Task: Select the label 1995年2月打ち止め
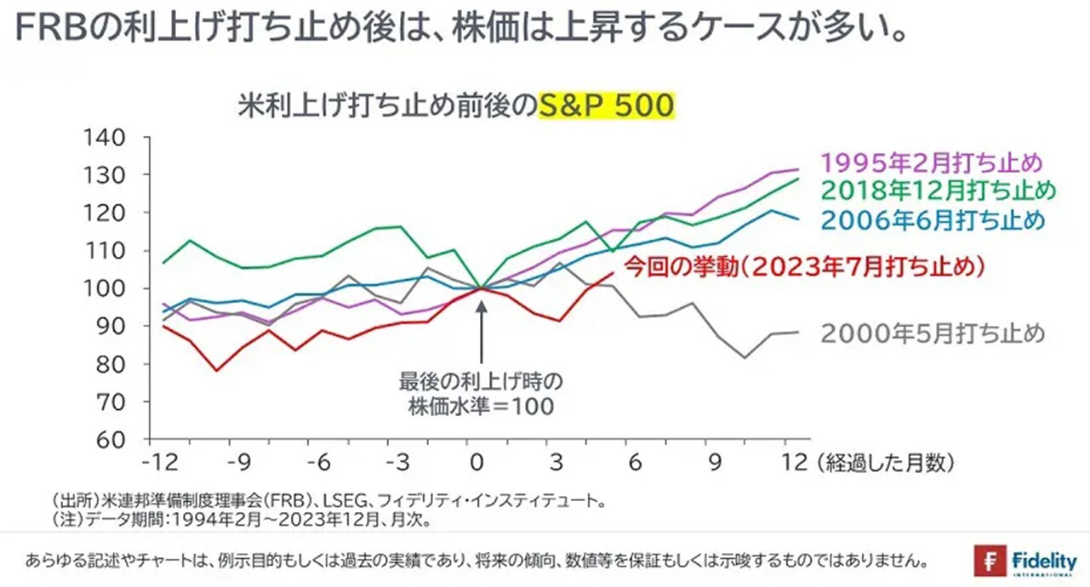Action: (x=933, y=162)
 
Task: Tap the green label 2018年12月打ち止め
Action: (x=939, y=189)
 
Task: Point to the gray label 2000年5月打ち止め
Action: (x=933, y=333)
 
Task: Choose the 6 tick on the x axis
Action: (x=636, y=464)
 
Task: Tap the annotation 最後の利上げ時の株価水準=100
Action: (x=482, y=393)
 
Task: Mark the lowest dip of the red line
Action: (x=217, y=370)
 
